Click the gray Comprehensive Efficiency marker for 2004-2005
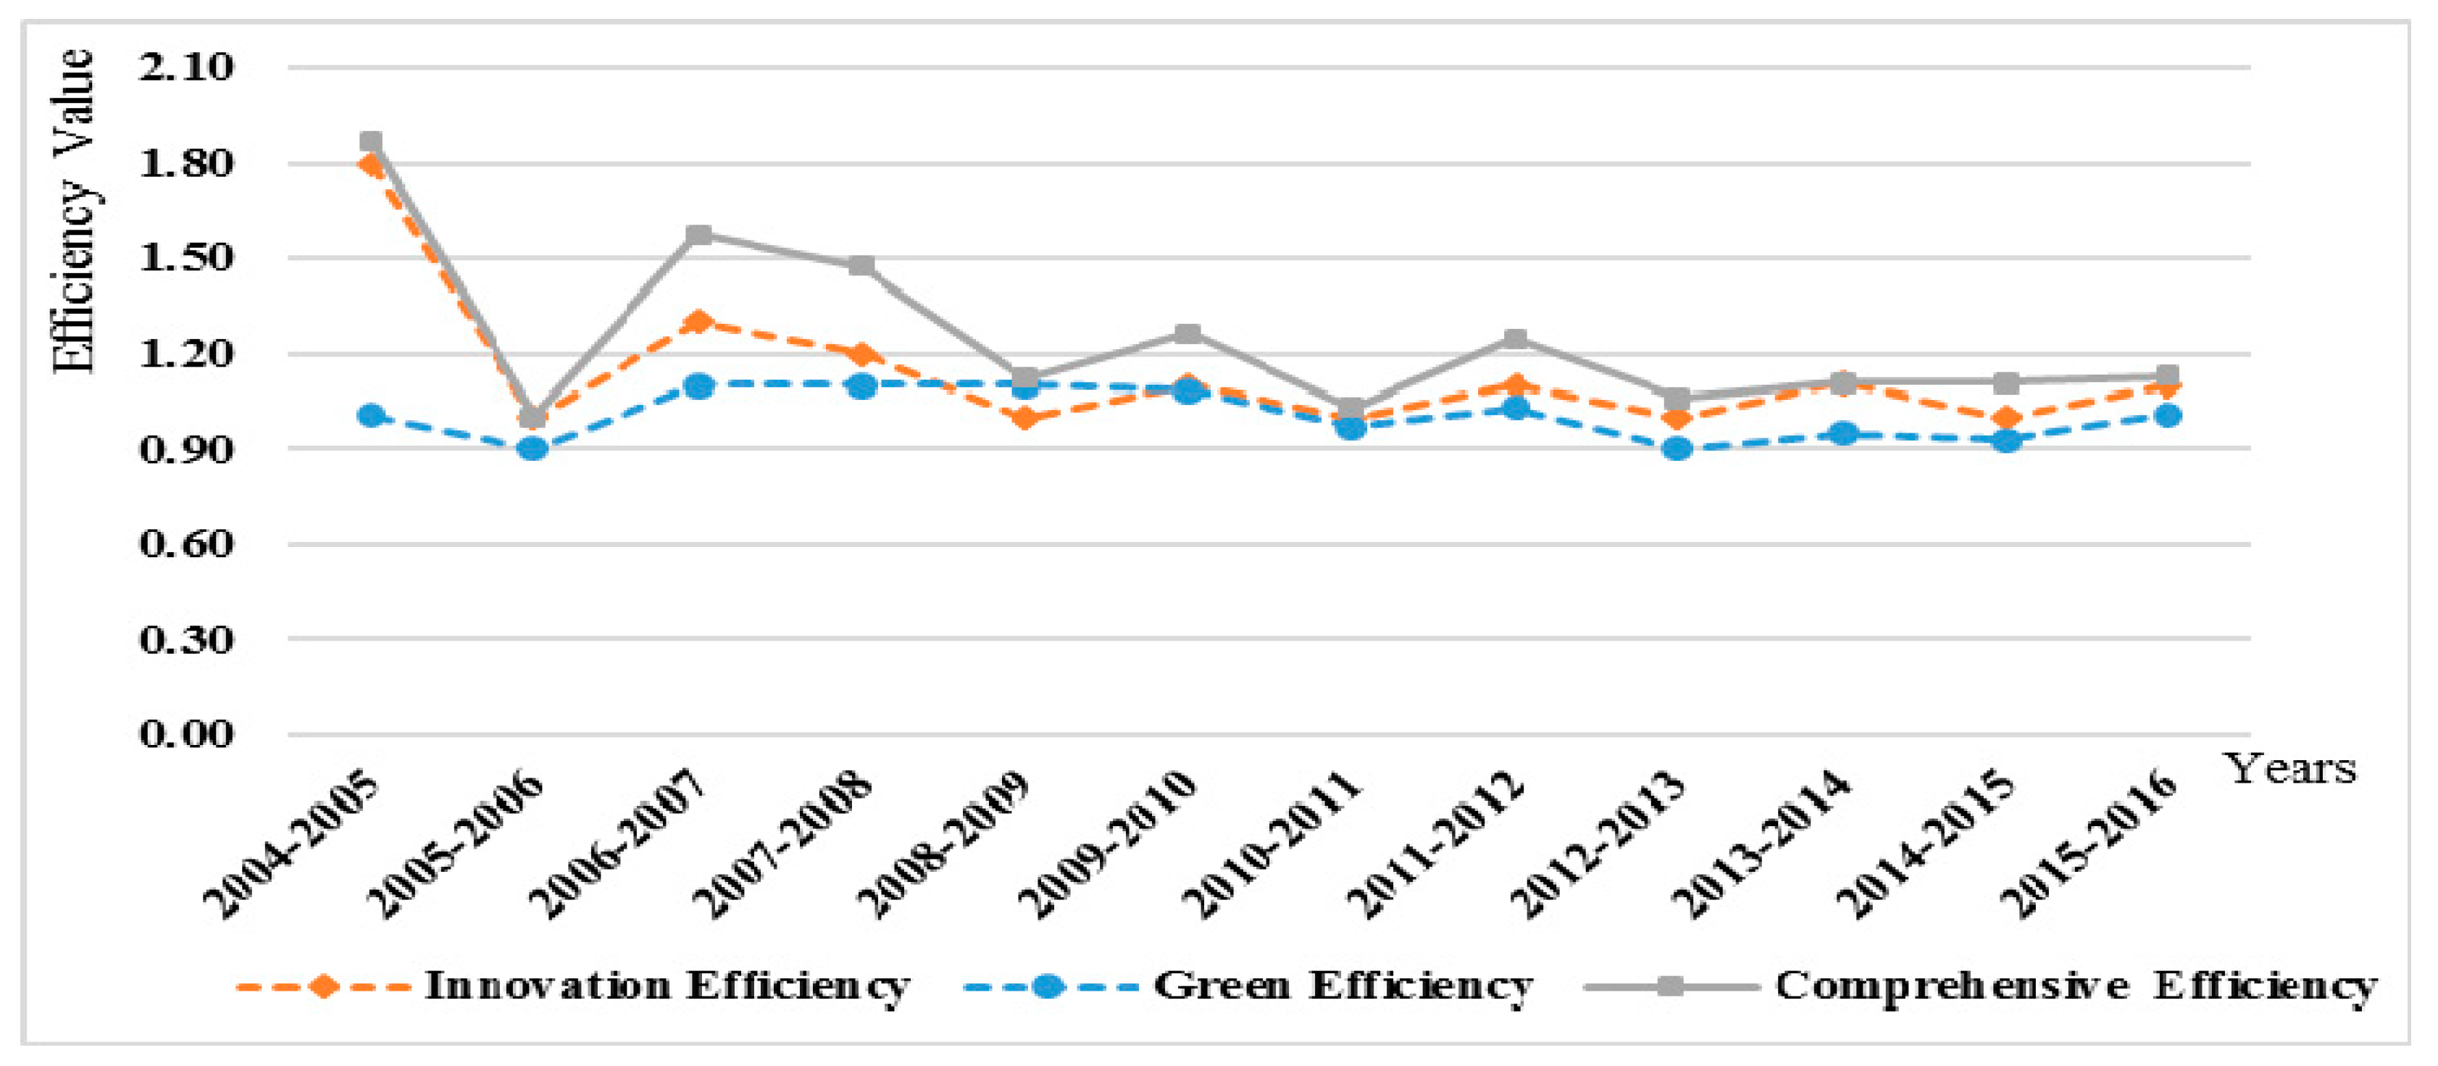pos(371,142)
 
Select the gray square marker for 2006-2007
pos(699,234)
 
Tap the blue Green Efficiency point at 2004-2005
pos(371,416)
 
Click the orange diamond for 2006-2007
pos(699,322)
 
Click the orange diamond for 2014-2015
pos(2005,417)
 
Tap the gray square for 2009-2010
pos(1189,333)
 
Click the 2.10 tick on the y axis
pos(186,68)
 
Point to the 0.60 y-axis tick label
pos(186,544)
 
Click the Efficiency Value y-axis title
pos(74,213)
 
